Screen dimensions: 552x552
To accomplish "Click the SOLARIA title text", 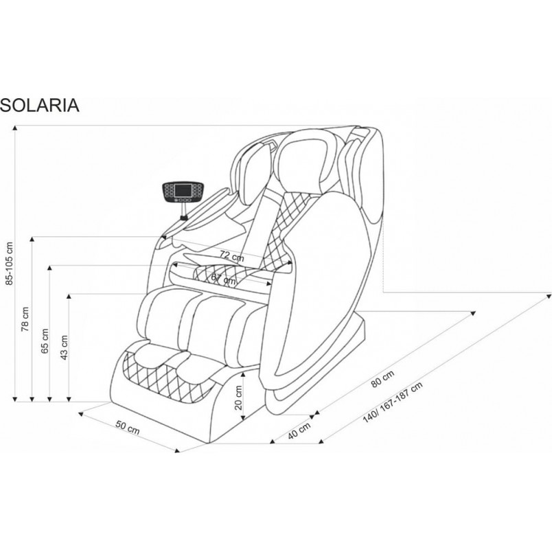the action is pos(39,105).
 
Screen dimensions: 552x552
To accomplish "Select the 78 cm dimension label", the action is pos(25,319).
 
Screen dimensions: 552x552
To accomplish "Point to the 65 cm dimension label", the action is pos(45,341).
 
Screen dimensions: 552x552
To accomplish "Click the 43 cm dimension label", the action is pos(65,347).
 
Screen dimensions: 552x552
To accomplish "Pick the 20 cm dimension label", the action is pos(239,398).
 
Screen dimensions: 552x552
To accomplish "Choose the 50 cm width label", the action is pos(128,427).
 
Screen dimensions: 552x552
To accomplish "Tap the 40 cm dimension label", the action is pos(299,430).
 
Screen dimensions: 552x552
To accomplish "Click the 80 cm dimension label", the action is pos(382,378).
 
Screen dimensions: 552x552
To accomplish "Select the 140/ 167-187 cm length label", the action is pos(393,402).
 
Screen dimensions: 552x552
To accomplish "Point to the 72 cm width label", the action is pos(231,255).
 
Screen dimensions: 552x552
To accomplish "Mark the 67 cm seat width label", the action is pos(223,279).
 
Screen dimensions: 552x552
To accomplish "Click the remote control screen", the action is pos(183,190).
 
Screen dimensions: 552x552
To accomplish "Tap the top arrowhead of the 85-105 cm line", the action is pos(15,128).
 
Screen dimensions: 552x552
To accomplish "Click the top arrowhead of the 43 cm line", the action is pos(69,297).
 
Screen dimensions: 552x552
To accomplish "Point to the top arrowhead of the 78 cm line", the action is pos(32,240).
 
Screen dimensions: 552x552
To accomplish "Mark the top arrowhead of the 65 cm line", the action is pos(49,268).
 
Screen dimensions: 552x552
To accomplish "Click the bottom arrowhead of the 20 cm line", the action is pos(242,417).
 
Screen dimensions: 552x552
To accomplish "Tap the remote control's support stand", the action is pos(183,212).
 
